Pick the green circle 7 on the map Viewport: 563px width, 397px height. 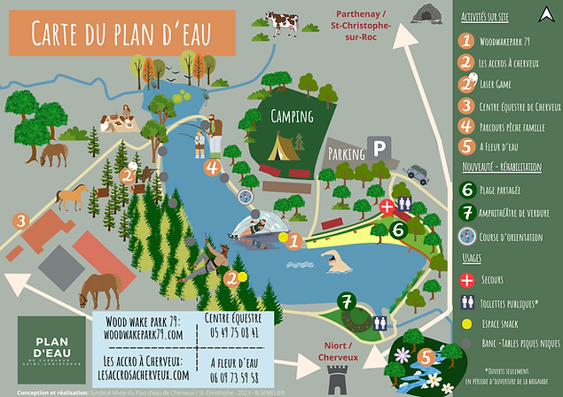[347, 302]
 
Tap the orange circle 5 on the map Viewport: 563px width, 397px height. [426, 359]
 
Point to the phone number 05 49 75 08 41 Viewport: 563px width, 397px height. [231, 332]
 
